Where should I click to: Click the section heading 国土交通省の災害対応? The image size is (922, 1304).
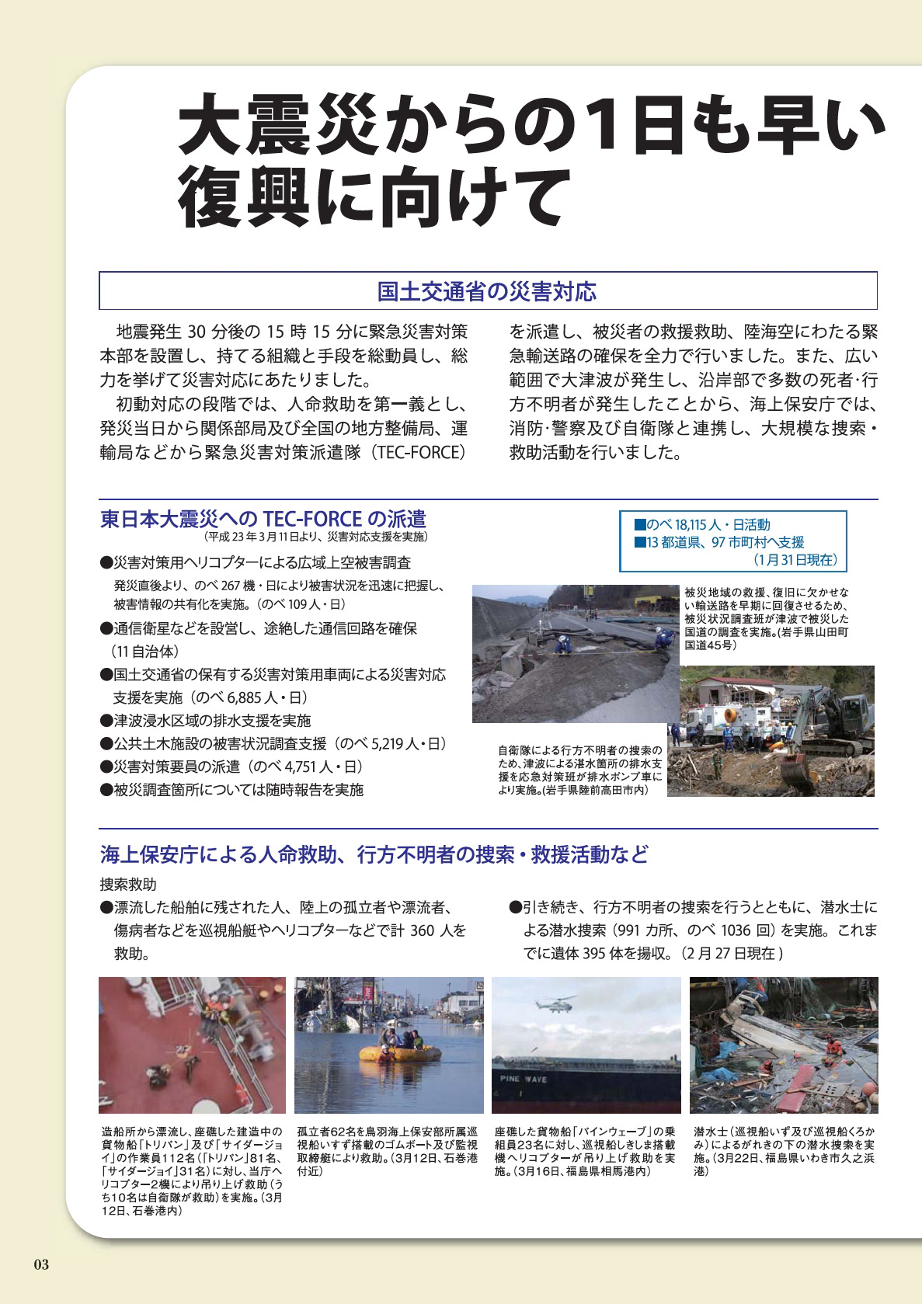487,292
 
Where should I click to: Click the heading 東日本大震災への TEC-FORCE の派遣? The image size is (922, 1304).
263,519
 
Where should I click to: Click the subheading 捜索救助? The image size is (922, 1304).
128,885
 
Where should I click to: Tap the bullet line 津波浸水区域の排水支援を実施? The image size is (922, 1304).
212,721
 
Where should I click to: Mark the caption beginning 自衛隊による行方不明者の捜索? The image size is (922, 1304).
579,770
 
